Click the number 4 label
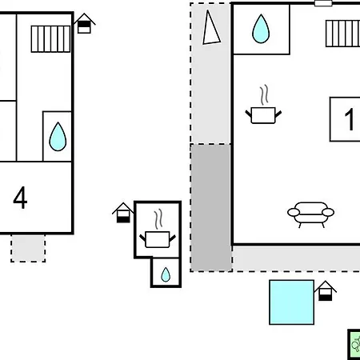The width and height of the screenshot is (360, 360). tap(21, 198)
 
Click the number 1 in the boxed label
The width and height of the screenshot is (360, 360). tap(349, 120)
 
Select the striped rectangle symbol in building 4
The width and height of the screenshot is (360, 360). tap(46, 38)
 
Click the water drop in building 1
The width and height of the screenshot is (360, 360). tap(261, 30)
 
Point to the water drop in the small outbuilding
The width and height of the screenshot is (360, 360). tap(166, 274)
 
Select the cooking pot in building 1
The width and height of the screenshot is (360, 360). tap(263, 115)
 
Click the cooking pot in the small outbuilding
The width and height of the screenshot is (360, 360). tap(157, 238)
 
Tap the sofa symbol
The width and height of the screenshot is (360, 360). tap(310, 213)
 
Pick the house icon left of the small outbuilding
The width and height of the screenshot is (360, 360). tap(122, 213)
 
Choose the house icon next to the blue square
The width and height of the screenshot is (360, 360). tap(326, 291)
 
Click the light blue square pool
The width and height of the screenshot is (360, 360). tap(291, 302)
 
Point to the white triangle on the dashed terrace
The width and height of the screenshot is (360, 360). tap(210, 30)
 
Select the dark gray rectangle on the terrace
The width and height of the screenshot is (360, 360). tap(210, 207)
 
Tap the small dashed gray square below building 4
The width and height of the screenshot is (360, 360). tap(28, 247)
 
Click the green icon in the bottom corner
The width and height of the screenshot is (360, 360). tap(354, 345)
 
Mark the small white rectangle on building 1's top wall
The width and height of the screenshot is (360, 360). tap(323, 3)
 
